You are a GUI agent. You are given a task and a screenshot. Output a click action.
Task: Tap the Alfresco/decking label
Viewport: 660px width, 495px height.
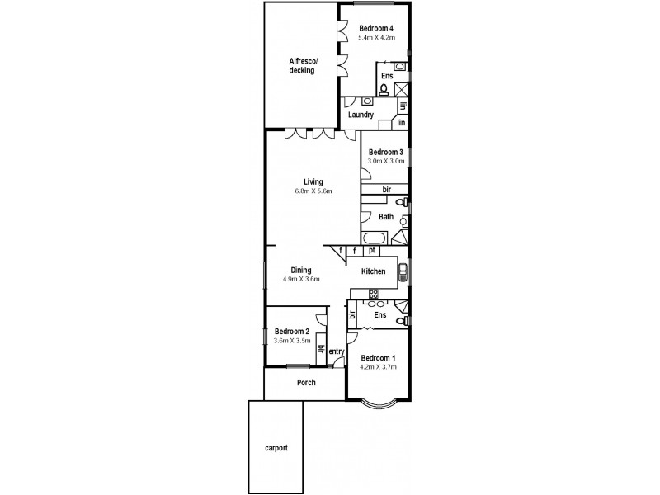[x=301, y=65]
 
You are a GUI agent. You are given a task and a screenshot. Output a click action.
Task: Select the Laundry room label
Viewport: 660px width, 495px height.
[x=361, y=115]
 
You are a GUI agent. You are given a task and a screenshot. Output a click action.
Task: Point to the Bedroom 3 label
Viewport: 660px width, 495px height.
[x=385, y=152]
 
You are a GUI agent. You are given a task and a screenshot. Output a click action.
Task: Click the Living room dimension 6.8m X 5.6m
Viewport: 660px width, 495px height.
[x=313, y=191]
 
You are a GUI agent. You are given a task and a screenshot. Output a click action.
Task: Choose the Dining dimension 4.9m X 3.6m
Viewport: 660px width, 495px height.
[x=300, y=279]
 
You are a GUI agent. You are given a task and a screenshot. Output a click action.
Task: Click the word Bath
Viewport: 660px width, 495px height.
[x=386, y=217]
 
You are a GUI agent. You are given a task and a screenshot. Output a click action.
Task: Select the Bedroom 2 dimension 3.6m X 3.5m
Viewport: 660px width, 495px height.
[x=291, y=340]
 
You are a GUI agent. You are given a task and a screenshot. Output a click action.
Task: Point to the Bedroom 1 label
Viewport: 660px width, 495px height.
[x=377, y=357]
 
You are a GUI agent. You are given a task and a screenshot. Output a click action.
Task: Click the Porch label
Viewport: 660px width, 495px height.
[x=306, y=383]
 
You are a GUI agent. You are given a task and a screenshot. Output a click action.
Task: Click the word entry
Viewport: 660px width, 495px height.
[x=336, y=352]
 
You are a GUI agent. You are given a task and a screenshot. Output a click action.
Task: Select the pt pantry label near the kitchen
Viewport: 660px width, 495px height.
[x=372, y=250]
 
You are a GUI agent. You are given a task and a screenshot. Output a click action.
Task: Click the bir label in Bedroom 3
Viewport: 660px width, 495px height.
[x=385, y=190]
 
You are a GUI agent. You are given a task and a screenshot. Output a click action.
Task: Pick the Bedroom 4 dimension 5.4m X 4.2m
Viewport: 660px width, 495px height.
[x=376, y=38]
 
